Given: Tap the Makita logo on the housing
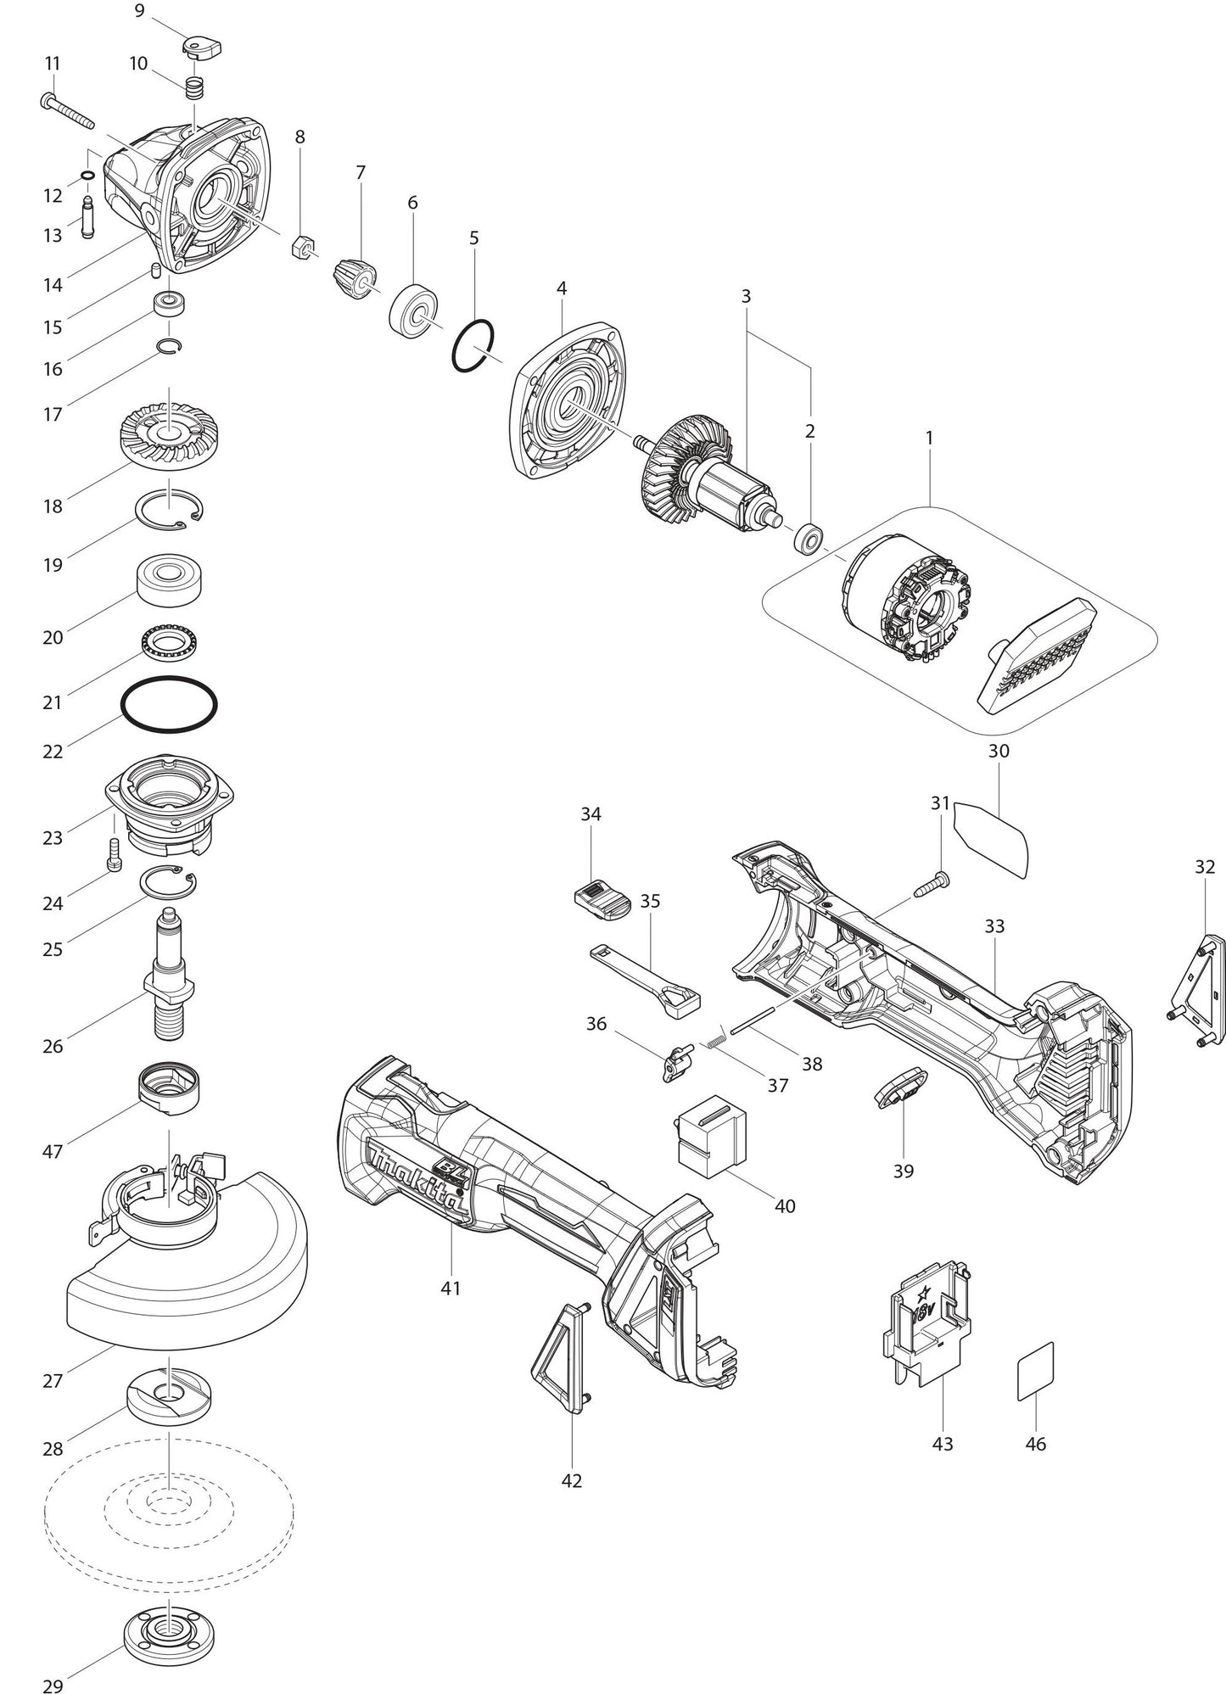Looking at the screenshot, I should click(x=415, y=1182).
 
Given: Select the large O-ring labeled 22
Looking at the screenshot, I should click(x=169, y=703).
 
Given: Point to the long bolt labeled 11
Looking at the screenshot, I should click(x=67, y=109).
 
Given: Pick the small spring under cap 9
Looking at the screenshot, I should click(x=195, y=87).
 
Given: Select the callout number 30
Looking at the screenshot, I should click(x=999, y=751).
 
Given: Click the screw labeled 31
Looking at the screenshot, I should click(x=932, y=884).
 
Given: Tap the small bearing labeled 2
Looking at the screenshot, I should click(x=810, y=539).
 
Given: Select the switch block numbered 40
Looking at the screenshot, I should click(x=714, y=1142).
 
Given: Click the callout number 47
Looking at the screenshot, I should click(x=53, y=1151).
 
